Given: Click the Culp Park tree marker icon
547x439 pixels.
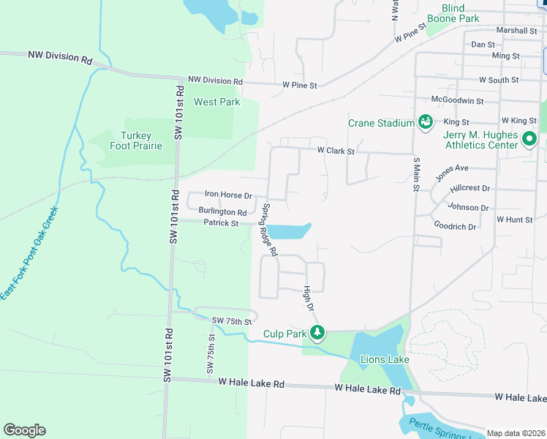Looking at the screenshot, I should [x=317, y=334].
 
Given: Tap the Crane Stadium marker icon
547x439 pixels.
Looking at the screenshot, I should [x=424, y=122].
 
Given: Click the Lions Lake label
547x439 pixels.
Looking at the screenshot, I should [x=379, y=359].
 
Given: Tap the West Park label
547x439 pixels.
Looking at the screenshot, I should [x=216, y=102].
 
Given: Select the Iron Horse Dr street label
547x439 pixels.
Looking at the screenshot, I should [x=228, y=195].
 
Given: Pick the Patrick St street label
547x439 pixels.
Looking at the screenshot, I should [x=221, y=223].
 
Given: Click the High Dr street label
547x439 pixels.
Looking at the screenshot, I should [x=308, y=297].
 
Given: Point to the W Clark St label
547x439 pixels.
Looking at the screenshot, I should [x=335, y=151].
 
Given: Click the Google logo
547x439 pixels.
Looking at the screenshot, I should [x=24, y=430].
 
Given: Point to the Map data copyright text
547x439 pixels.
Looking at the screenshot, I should [x=516, y=433].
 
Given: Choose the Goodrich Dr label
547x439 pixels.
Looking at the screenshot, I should [x=455, y=227].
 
